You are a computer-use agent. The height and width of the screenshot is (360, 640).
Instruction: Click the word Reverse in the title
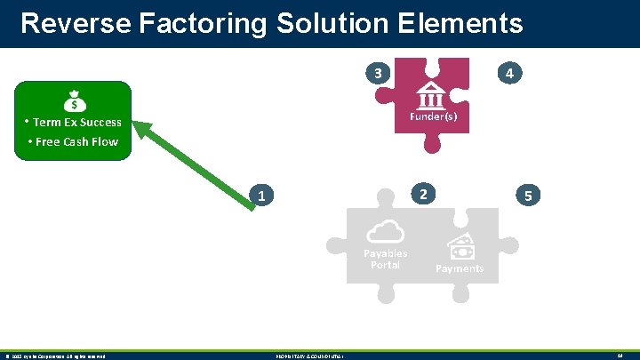tap(68, 22)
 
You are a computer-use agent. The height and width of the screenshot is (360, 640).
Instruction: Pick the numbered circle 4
tap(509, 74)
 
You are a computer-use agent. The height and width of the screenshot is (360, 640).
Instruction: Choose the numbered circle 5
tap(528, 196)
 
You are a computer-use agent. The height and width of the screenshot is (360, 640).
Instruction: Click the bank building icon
tap(432, 93)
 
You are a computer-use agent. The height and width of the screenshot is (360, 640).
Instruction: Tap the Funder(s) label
tap(433, 116)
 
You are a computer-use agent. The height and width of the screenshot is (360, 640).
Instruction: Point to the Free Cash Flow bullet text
tap(76, 141)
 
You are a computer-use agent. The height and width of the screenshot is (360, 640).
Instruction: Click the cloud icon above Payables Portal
tap(385, 232)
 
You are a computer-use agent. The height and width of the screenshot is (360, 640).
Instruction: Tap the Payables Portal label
tap(385, 259)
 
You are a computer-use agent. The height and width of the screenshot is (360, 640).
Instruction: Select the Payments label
tap(460, 268)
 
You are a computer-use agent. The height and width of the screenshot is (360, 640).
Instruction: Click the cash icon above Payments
tap(460, 246)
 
